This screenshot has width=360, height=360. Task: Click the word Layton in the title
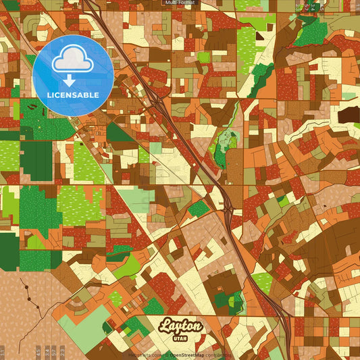(x=180, y=327)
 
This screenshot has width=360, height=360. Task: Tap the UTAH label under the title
(x=181, y=338)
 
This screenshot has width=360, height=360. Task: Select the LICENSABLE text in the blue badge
(x=72, y=95)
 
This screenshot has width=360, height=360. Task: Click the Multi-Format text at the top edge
(x=179, y=3)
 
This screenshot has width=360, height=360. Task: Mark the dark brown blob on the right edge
(x=349, y=115)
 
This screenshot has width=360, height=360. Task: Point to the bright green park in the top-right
(x=310, y=30)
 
